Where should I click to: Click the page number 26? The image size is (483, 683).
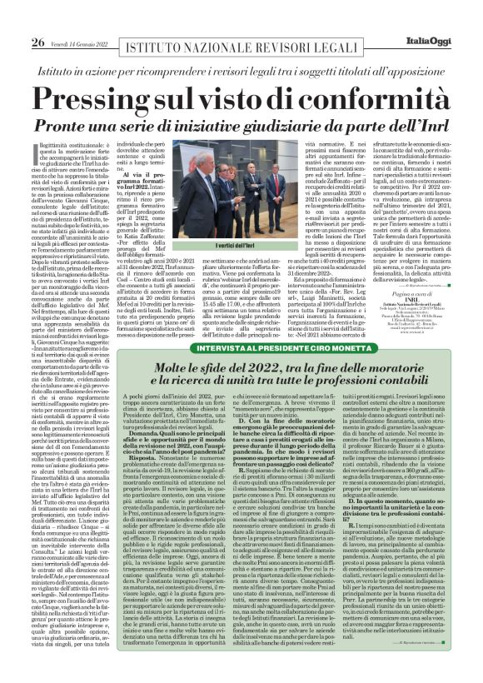(x=38, y=19)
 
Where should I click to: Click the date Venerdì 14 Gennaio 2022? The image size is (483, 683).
(x=82, y=20)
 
